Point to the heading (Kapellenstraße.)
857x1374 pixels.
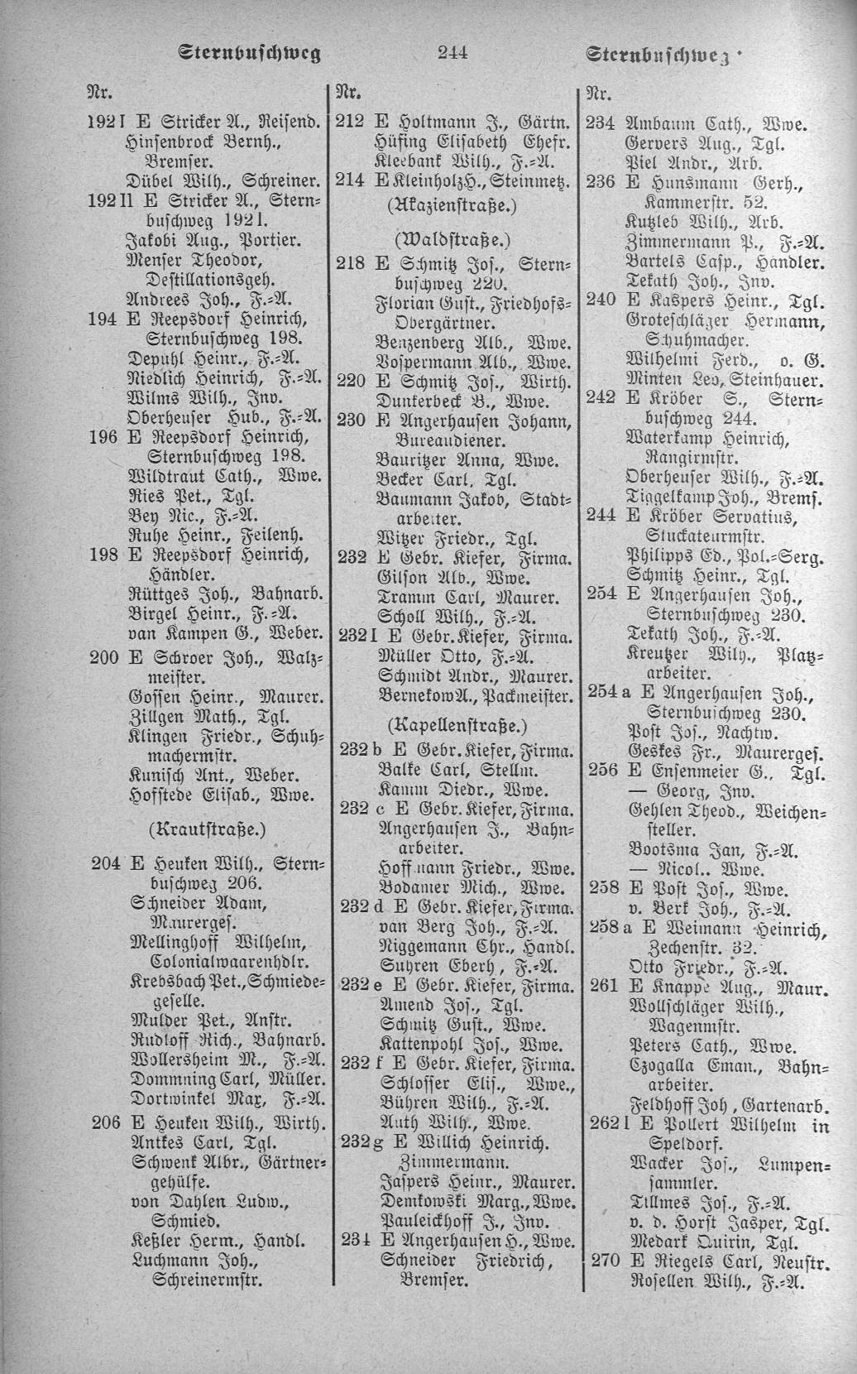(x=456, y=727)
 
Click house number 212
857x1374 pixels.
(x=351, y=122)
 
